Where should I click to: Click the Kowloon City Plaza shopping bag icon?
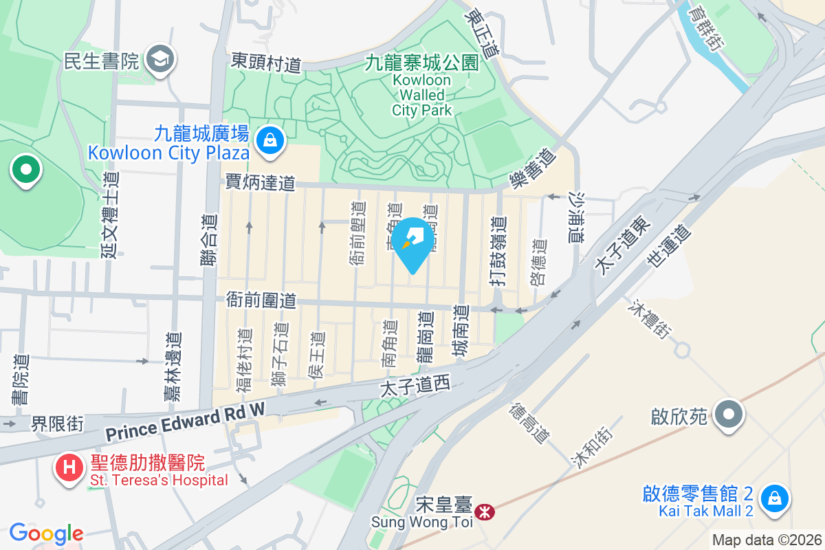[271, 140]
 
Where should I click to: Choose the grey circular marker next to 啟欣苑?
[729, 415]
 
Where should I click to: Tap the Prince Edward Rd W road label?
[185, 423]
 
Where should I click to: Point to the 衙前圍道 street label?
[261, 300]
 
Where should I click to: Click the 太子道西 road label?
[415, 387]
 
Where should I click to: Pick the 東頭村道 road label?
[266, 63]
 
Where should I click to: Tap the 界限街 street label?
[57, 423]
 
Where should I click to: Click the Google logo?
[46, 533]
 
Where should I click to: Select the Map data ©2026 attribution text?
[766, 540]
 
